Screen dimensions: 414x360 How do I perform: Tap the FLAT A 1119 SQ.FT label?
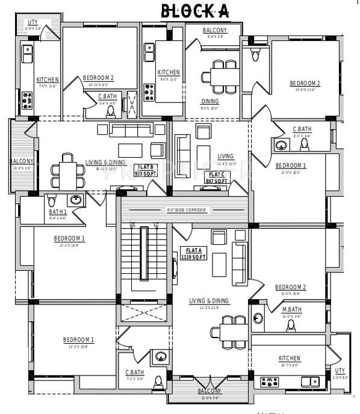(x=193, y=253)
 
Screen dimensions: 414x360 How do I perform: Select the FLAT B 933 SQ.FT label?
(x=146, y=170)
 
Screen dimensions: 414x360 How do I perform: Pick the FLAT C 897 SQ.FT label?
(x=217, y=177)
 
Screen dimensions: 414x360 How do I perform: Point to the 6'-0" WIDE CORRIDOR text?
(x=186, y=210)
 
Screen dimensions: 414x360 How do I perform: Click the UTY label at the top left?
(x=32, y=22)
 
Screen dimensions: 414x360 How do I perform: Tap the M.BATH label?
(x=291, y=309)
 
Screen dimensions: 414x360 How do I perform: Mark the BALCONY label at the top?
(x=215, y=30)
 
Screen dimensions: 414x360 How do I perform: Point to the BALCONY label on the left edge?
(x=22, y=161)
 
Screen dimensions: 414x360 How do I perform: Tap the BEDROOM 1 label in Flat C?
(x=291, y=165)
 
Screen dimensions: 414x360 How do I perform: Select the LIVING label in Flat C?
(x=226, y=156)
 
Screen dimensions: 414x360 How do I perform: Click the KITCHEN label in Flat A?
(x=289, y=358)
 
